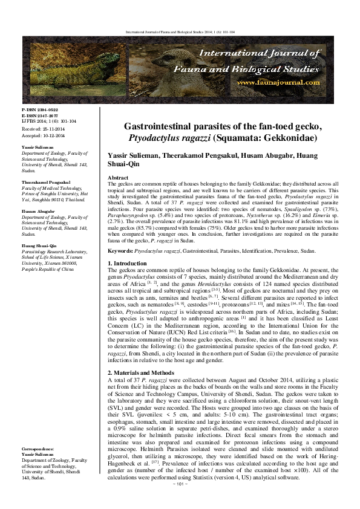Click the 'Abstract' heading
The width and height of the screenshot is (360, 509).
pos(119,178)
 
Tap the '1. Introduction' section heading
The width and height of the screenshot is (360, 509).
pos(128,264)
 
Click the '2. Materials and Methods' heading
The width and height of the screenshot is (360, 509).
pos(143,372)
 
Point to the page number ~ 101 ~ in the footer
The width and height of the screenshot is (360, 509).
pos(179,502)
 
